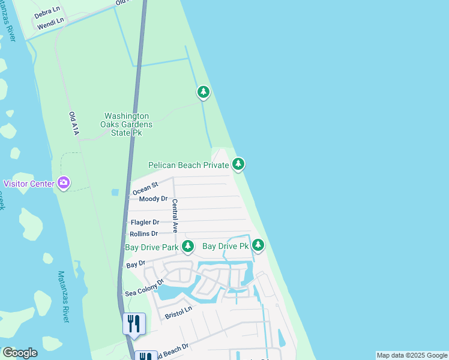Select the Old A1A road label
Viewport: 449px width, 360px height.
73,124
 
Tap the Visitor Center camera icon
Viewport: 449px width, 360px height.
64,184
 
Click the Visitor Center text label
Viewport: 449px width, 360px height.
29,184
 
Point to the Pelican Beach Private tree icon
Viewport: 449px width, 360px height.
238,164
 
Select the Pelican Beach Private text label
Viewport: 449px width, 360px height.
188,164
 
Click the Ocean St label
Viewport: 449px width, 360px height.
145,188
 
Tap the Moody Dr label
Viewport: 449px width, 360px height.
152,199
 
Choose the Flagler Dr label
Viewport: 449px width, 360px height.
145,222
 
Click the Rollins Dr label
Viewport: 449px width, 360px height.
143,233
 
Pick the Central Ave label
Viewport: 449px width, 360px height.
175,215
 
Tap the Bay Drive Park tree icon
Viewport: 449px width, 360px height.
188,246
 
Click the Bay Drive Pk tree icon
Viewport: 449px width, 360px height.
258,245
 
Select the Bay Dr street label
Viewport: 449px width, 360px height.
136,264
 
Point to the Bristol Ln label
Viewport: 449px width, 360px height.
178,311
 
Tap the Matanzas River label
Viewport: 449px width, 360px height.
63,298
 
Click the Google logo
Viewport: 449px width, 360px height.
20,353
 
